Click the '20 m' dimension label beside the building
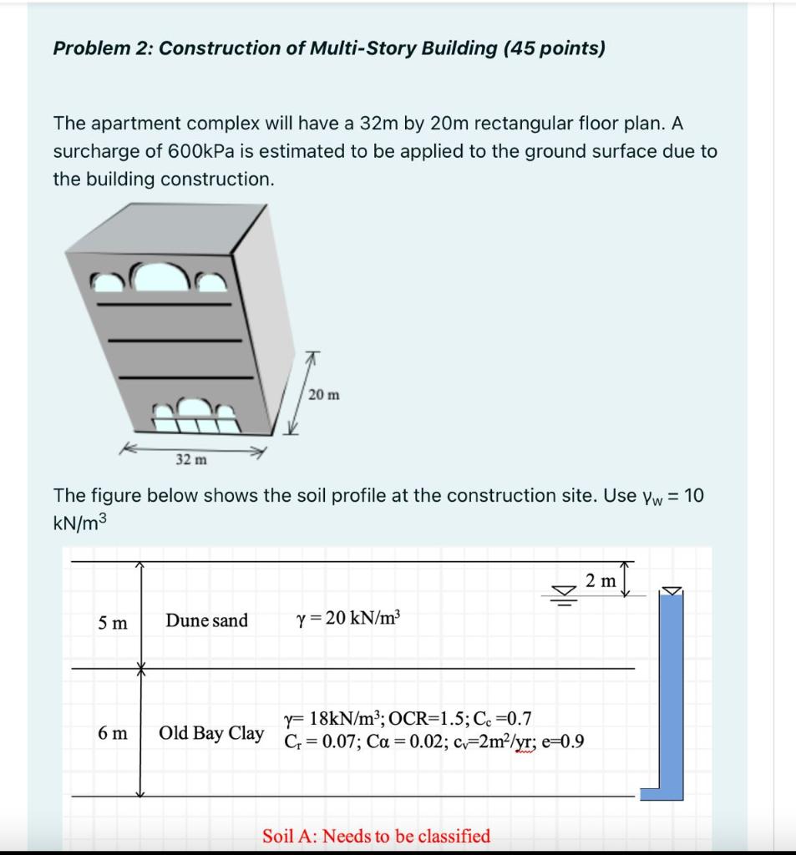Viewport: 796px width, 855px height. point(323,394)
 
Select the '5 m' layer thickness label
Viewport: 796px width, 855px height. point(113,622)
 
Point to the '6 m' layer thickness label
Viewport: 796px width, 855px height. point(113,733)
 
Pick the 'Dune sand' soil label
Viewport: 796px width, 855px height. point(206,620)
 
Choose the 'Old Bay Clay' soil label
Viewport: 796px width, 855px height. point(211,733)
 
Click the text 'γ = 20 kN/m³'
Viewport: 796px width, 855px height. point(348,620)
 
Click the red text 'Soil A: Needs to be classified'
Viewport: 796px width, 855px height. point(376,836)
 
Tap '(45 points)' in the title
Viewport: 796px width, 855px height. point(554,48)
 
